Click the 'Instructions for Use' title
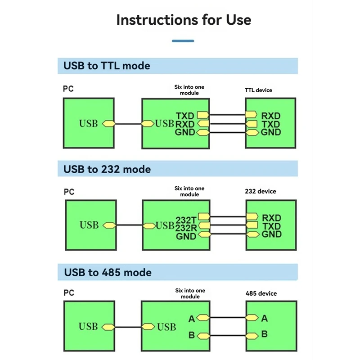point(184,20)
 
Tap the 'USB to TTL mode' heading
point(107,66)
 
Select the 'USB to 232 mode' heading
point(107,170)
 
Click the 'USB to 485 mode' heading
point(108,273)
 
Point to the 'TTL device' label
point(258,90)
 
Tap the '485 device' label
point(261,293)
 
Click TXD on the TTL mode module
point(185,116)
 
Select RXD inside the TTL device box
point(271,116)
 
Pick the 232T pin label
point(186,220)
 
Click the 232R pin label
point(186,228)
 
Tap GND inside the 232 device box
point(271,234)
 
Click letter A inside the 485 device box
point(265,319)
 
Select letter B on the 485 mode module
point(192,336)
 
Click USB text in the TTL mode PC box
point(88,123)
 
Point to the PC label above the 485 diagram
point(68,293)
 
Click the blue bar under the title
point(183,41)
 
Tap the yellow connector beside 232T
point(204,217)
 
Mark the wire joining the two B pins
point(227,336)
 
